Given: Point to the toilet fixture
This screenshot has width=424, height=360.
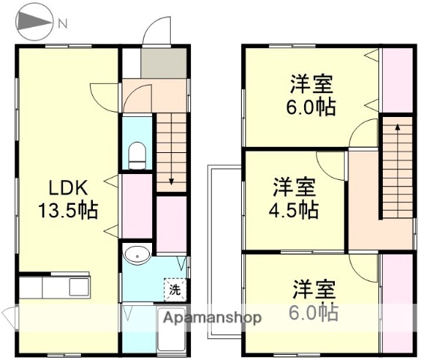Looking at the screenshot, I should [x=137, y=156].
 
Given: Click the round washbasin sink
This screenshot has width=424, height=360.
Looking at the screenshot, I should [x=137, y=255].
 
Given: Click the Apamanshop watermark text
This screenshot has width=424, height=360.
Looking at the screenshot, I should [x=212, y=317].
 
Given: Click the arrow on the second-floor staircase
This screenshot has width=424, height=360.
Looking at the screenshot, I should [x=397, y=129].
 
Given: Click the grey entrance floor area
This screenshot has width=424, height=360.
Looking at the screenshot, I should [x=163, y=63].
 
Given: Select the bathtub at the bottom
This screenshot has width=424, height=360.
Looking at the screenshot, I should [x=172, y=334].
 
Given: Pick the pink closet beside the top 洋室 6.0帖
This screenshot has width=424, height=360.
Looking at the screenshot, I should [x=396, y=78].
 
